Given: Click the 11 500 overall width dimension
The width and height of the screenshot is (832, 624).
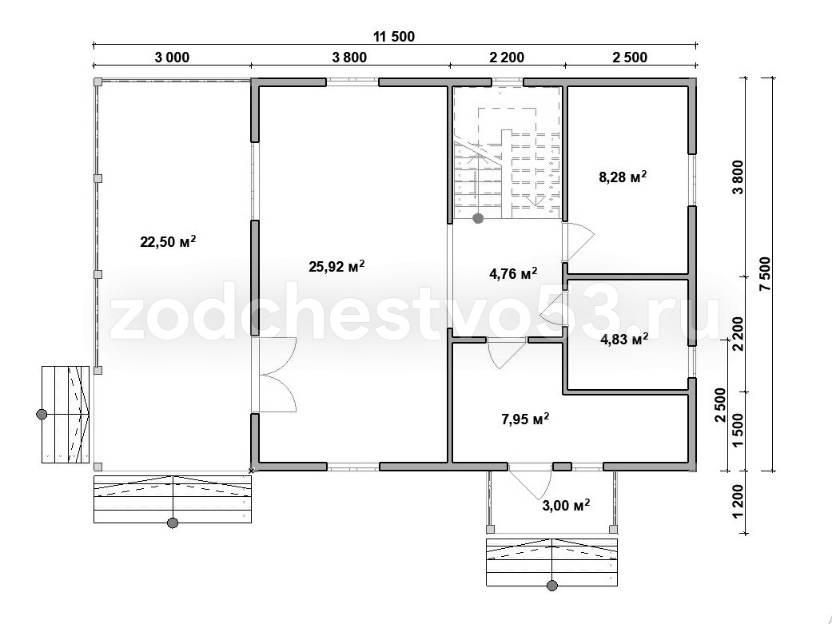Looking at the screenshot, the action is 394,37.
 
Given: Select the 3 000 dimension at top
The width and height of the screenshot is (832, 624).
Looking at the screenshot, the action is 172,58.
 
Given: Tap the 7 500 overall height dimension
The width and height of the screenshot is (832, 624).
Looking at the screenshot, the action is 766,274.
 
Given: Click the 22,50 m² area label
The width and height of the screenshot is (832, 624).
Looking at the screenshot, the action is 168,241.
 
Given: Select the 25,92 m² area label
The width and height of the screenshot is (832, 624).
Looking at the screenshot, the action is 336,266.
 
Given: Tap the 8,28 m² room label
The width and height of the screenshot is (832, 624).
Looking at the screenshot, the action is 623,177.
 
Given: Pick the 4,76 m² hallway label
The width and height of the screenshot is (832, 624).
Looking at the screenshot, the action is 513,274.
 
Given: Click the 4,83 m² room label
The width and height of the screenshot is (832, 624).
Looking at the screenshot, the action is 624,339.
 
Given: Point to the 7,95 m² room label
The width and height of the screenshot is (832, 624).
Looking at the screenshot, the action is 525,419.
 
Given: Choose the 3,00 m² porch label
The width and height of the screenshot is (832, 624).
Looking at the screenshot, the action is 566,506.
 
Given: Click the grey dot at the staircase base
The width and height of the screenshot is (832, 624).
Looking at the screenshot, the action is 478,217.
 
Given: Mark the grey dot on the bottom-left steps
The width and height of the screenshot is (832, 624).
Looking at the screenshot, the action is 173,523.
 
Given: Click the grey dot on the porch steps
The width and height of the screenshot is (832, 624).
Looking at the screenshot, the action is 552,586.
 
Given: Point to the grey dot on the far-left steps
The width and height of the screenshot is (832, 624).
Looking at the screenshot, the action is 42,414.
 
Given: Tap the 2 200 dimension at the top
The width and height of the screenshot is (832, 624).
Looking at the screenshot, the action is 506,58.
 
